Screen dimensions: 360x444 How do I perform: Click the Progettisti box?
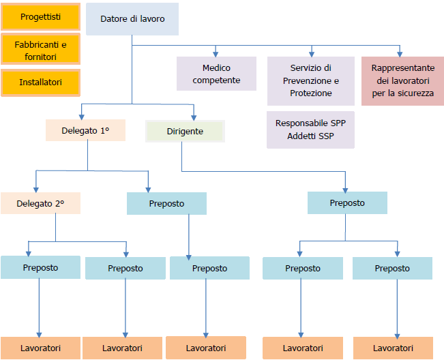click(40, 16)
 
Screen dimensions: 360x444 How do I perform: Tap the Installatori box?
click(40, 82)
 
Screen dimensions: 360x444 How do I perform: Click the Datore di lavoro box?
click(132, 19)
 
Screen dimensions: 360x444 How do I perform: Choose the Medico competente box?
click(216, 74)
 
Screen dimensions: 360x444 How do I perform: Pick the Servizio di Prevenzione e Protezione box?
click(310, 80)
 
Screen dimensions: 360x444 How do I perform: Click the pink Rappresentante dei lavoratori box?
click(402, 80)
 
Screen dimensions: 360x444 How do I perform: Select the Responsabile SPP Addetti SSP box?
click(310, 130)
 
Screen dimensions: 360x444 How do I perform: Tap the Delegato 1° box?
click(85, 130)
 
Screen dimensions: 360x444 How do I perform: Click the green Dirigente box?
click(185, 131)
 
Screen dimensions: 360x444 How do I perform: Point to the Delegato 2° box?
click(40, 203)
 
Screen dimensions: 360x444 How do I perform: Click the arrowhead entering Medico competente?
click(216, 53)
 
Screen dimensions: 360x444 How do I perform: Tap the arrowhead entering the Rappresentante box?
click(400, 53)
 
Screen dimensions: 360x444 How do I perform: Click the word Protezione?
click(311, 93)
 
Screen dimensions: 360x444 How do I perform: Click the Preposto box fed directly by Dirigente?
click(347, 203)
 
